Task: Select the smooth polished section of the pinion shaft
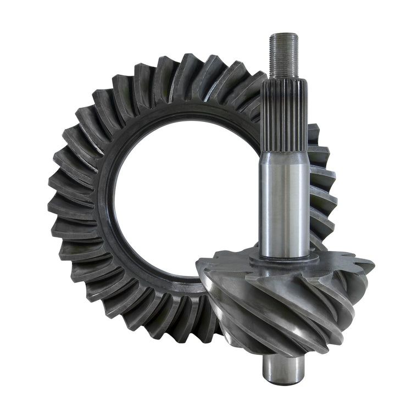284,203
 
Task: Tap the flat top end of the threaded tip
284,35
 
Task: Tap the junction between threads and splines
284,79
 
